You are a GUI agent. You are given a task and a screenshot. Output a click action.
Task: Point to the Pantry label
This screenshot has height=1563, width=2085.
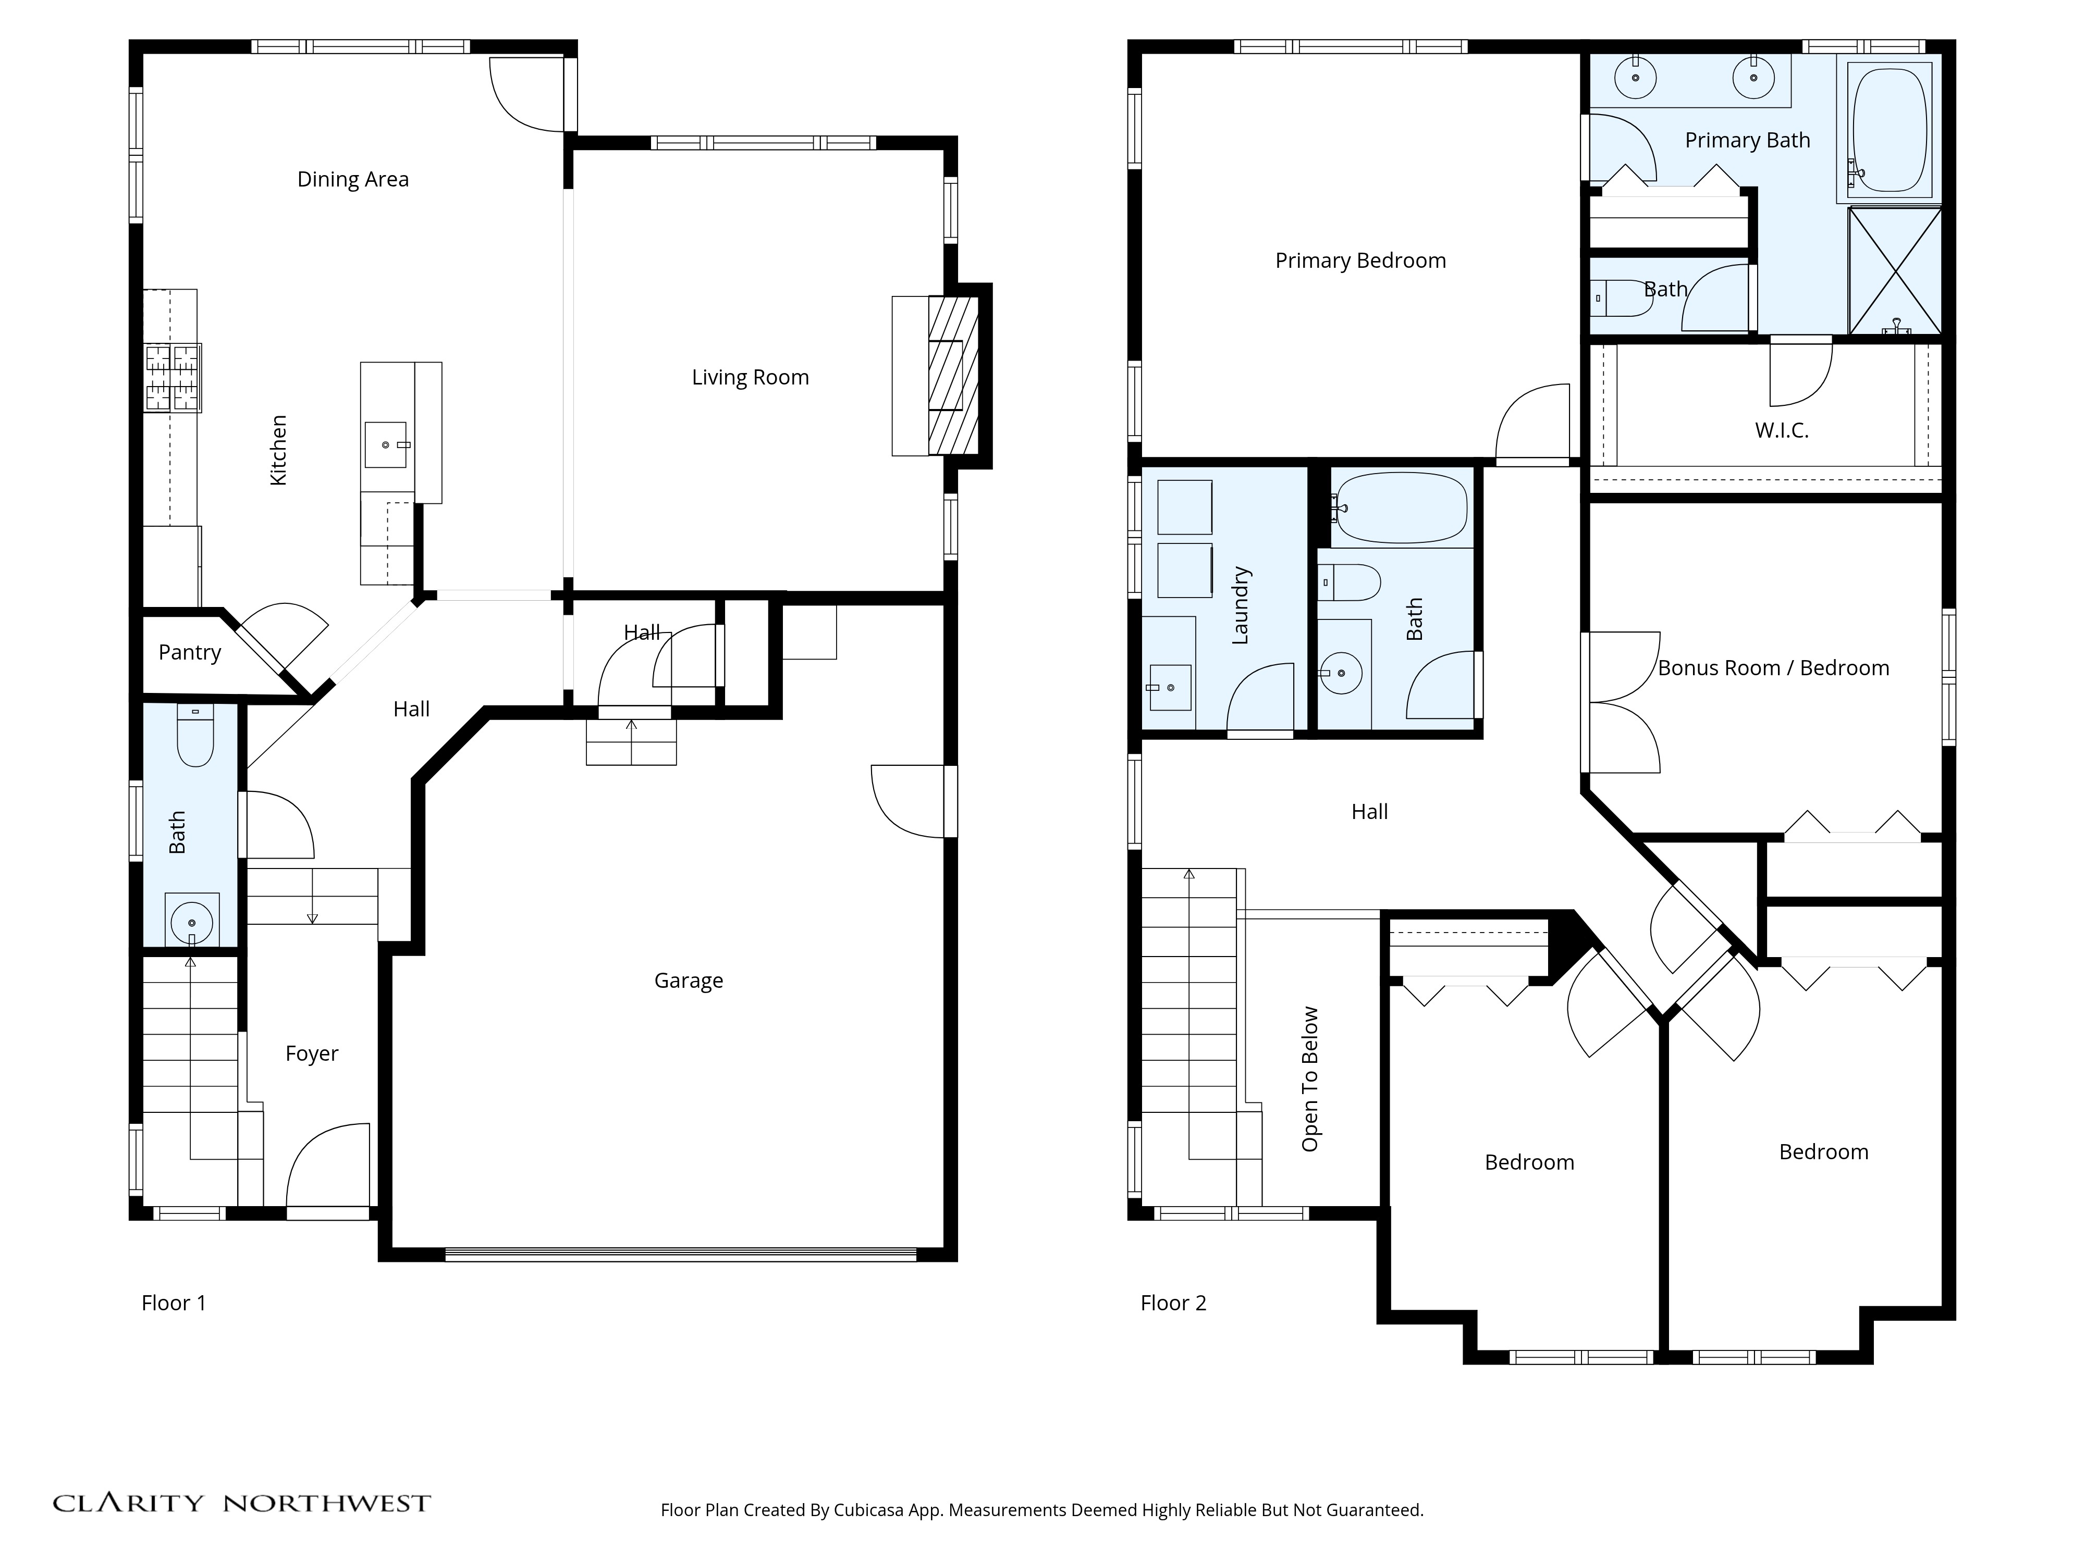[x=189, y=652]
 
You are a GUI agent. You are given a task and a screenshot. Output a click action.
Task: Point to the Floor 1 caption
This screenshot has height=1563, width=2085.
[x=174, y=1303]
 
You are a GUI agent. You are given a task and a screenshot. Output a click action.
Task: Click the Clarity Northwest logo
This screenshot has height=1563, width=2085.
[x=241, y=1503]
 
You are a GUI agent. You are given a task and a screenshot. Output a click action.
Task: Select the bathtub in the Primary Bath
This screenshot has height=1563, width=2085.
[x=1889, y=130]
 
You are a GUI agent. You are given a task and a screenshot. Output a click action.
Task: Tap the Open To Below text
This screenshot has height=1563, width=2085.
[x=1310, y=1079]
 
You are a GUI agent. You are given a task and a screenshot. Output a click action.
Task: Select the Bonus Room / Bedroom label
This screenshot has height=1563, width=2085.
[x=1773, y=668]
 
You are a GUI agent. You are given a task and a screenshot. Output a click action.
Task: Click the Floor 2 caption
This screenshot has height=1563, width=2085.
[x=1173, y=1303]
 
